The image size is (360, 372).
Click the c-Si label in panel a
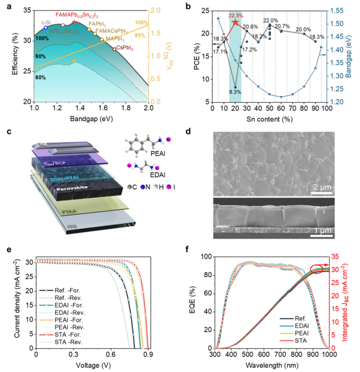[46, 22]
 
